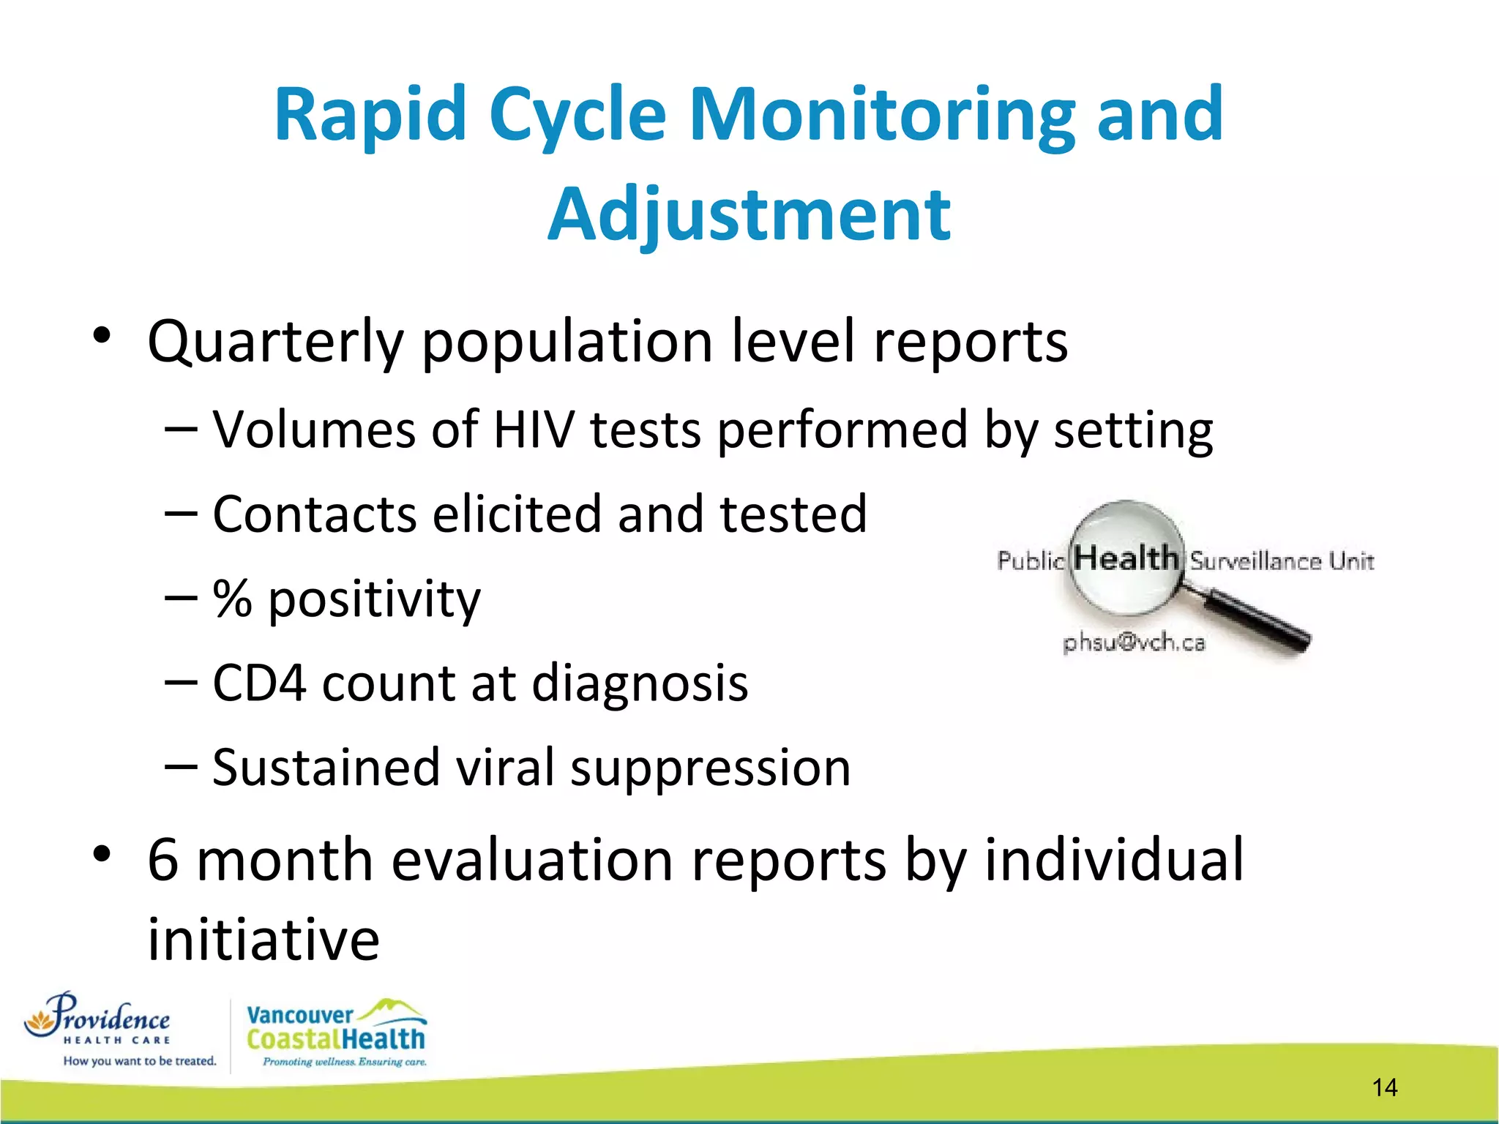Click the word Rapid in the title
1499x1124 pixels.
[370, 115]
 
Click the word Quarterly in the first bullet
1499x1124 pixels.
[275, 342]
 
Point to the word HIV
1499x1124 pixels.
[534, 430]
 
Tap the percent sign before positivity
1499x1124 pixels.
[232, 599]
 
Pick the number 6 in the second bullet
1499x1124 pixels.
[162, 860]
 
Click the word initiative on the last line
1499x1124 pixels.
[263, 940]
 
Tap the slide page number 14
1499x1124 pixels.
[1384, 1087]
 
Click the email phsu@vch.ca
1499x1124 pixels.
[1134, 642]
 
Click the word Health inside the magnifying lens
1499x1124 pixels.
[1126, 558]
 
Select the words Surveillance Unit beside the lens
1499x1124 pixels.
[1282, 561]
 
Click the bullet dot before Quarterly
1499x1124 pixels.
[102, 337]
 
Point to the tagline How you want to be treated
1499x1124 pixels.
[139, 1061]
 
